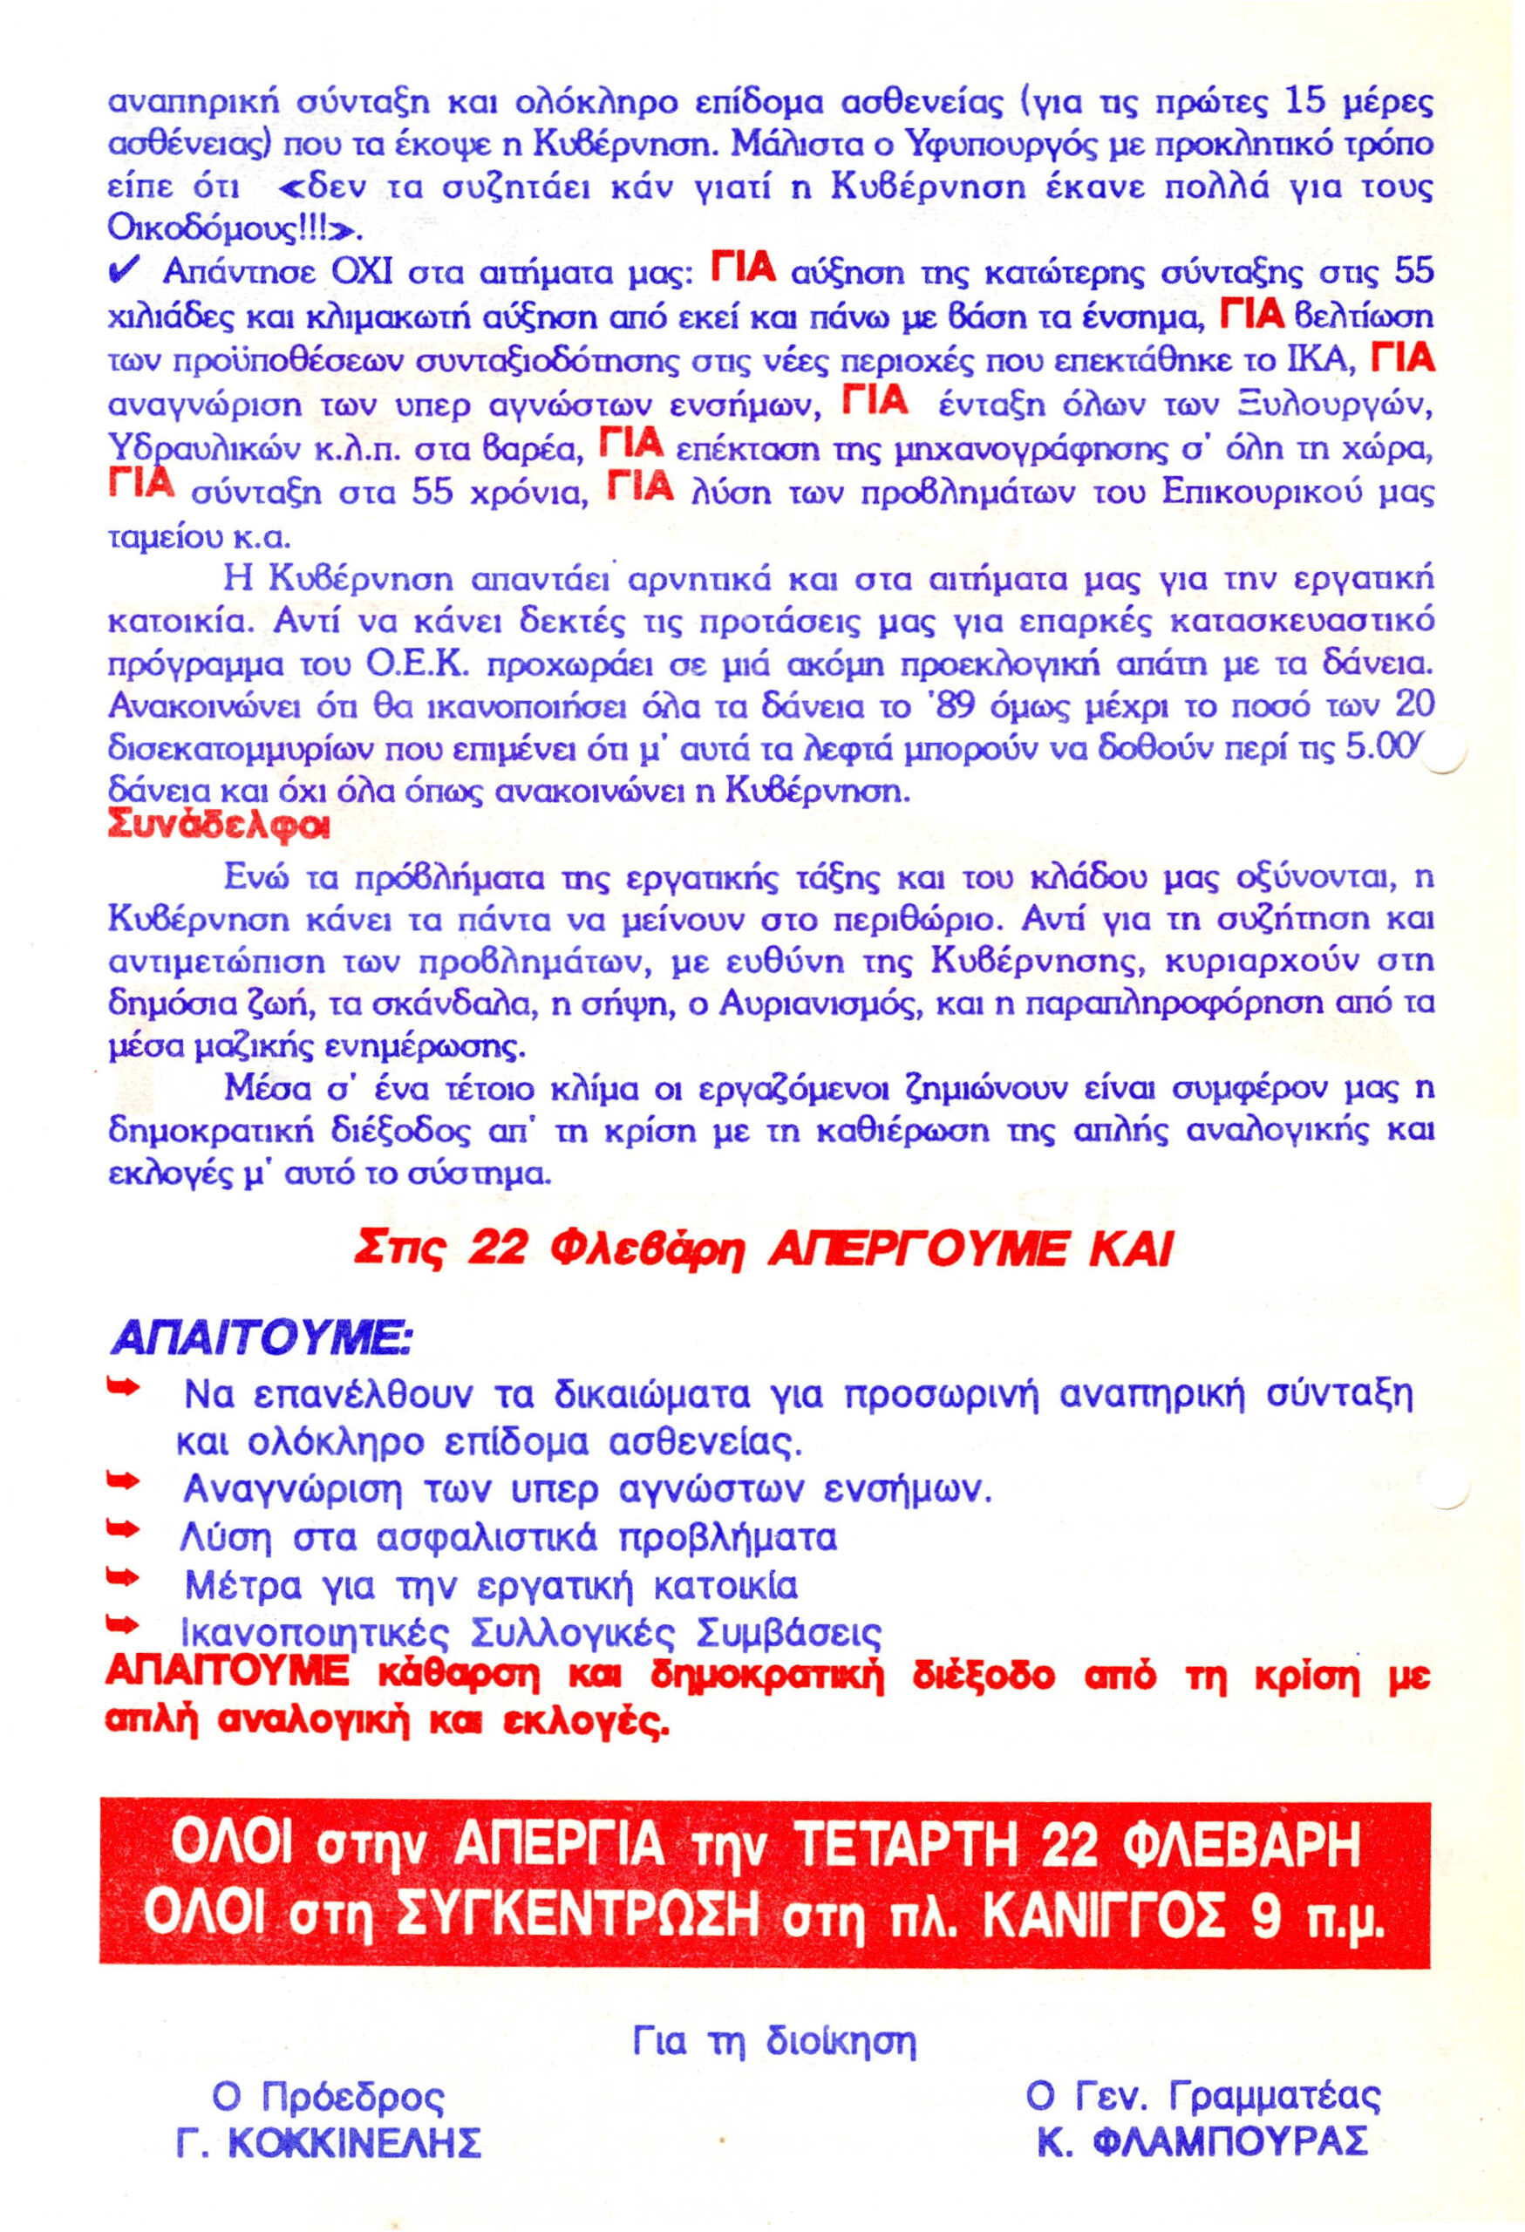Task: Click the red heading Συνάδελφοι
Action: (218, 826)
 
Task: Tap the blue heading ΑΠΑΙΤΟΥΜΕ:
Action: (262, 1337)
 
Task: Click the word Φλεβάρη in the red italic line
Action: (648, 1249)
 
